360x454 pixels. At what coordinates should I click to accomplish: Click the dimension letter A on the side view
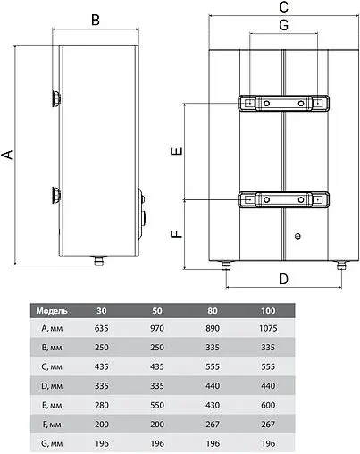tap(8, 154)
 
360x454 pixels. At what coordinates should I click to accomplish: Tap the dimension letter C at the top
tap(282, 8)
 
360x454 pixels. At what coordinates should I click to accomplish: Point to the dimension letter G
tap(282, 25)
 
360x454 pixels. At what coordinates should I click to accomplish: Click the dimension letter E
tap(177, 152)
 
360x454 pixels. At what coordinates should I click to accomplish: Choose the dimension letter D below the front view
tap(283, 279)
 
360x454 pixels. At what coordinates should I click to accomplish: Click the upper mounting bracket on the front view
tap(282, 104)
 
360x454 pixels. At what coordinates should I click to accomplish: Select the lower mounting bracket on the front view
tap(282, 200)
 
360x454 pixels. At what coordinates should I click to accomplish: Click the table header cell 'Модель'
tap(53, 311)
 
